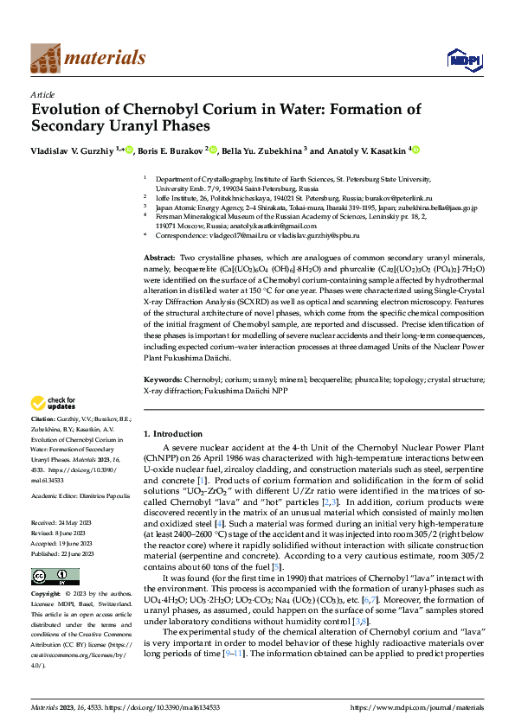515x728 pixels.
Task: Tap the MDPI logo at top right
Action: (x=460, y=58)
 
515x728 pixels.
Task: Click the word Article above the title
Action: (x=42, y=93)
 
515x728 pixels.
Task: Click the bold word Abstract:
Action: (x=159, y=259)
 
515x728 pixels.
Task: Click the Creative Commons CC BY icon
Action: (x=44, y=577)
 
